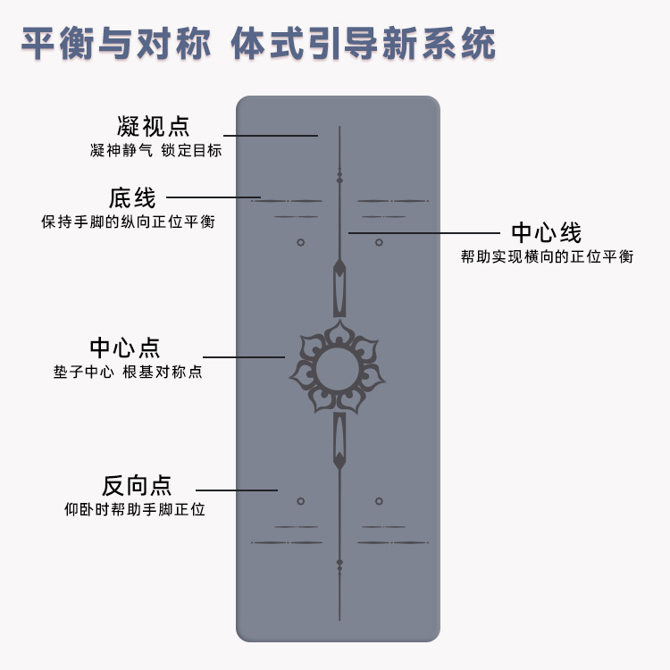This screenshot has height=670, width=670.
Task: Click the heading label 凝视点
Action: tap(153, 125)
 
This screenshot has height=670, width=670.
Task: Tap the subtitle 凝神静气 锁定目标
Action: tap(155, 150)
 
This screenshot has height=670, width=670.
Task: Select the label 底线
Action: tap(132, 197)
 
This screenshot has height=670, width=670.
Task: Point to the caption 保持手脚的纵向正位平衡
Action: tap(128, 221)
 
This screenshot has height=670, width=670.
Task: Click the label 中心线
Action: tap(546, 233)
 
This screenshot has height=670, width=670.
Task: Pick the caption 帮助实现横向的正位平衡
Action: tap(547, 256)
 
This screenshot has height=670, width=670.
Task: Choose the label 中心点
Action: tap(125, 348)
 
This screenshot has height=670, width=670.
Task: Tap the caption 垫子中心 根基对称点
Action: tap(128, 372)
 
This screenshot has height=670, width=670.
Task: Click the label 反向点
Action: tap(136, 486)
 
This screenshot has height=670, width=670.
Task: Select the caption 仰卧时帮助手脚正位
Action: tap(135, 510)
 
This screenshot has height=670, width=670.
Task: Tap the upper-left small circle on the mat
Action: tap(300, 242)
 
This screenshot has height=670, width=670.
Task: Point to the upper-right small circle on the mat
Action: tap(379, 242)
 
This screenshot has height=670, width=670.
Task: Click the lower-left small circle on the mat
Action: tap(300, 501)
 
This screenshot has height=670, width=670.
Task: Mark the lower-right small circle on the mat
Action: tap(379, 501)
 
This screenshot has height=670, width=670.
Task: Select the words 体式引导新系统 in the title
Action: tap(363, 43)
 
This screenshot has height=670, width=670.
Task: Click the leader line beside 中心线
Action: tap(423, 233)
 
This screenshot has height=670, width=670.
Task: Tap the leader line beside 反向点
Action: tap(236, 490)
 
